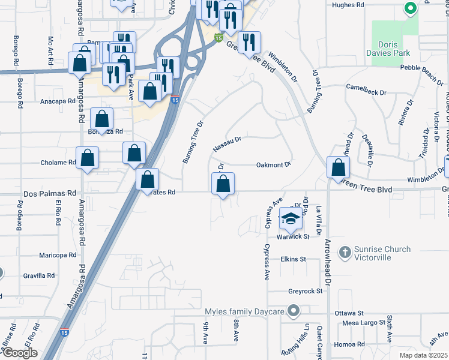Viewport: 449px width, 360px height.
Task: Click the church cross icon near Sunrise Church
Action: point(345,253)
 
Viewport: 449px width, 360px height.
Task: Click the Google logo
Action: point(20,353)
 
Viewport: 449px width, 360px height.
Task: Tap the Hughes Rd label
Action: point(348,5)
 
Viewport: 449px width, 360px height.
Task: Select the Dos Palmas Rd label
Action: point(50,194)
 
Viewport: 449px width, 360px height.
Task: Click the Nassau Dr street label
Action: point(227,144)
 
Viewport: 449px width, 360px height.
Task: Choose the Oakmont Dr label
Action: point(273,164)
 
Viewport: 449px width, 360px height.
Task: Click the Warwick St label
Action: point(292,236)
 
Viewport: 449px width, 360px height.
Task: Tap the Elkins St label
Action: point(293,259)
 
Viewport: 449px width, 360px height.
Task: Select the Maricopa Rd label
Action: point(56,255)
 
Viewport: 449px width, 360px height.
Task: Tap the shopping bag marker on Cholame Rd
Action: point(88,158)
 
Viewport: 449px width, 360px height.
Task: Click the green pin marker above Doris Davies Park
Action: point(411,8)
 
